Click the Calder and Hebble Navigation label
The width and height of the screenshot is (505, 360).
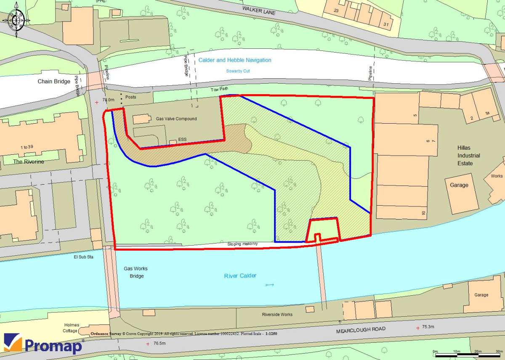click(235, 60)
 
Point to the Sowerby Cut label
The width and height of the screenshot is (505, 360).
click(238, 71)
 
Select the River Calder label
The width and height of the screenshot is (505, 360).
click(239, 276)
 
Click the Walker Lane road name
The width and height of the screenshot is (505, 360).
click(259, 11)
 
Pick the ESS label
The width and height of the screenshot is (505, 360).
click(182, 139)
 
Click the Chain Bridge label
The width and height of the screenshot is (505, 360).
click(54, 81)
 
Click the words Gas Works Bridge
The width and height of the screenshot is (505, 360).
click(136, 272)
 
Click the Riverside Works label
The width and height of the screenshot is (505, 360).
click(277, 315)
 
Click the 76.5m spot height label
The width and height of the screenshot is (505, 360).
click(159, 344)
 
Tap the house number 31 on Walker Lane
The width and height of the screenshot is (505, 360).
click(386, 24)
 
